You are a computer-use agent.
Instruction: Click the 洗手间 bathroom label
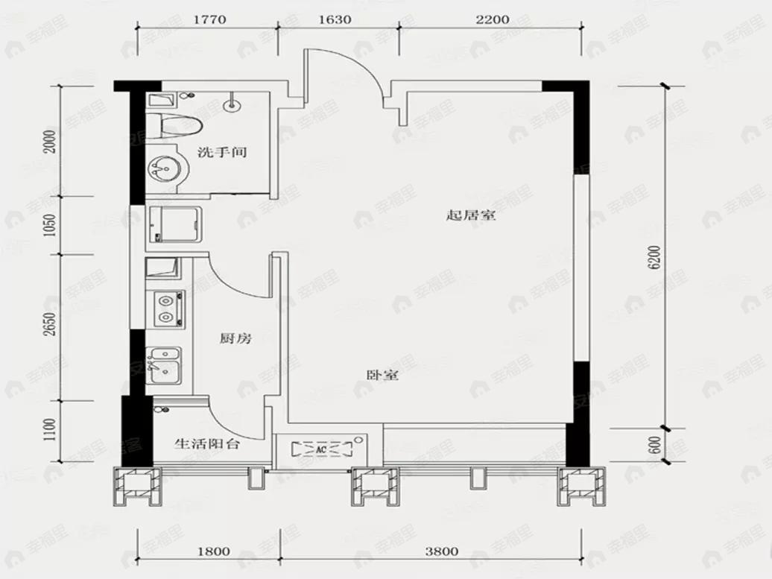pos(222,152)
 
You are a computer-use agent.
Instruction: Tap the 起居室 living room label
pos(471,216)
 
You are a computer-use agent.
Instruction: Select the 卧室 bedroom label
pos(382,376)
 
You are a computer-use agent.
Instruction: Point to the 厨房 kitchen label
pos(235,339)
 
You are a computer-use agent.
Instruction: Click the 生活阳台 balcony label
pos(207,443)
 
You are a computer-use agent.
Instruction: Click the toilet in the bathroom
pos(173,125)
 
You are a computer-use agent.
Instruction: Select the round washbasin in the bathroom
pos(165,168)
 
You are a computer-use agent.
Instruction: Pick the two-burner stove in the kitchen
pos(167,309)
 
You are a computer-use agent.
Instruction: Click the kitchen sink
pos(163,366)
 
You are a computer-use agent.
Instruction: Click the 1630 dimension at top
pos(335,20)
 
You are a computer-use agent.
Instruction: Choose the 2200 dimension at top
pos(493,20)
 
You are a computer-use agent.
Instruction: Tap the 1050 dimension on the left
pos(50,224)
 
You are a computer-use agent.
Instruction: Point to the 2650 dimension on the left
pos(50,326)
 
